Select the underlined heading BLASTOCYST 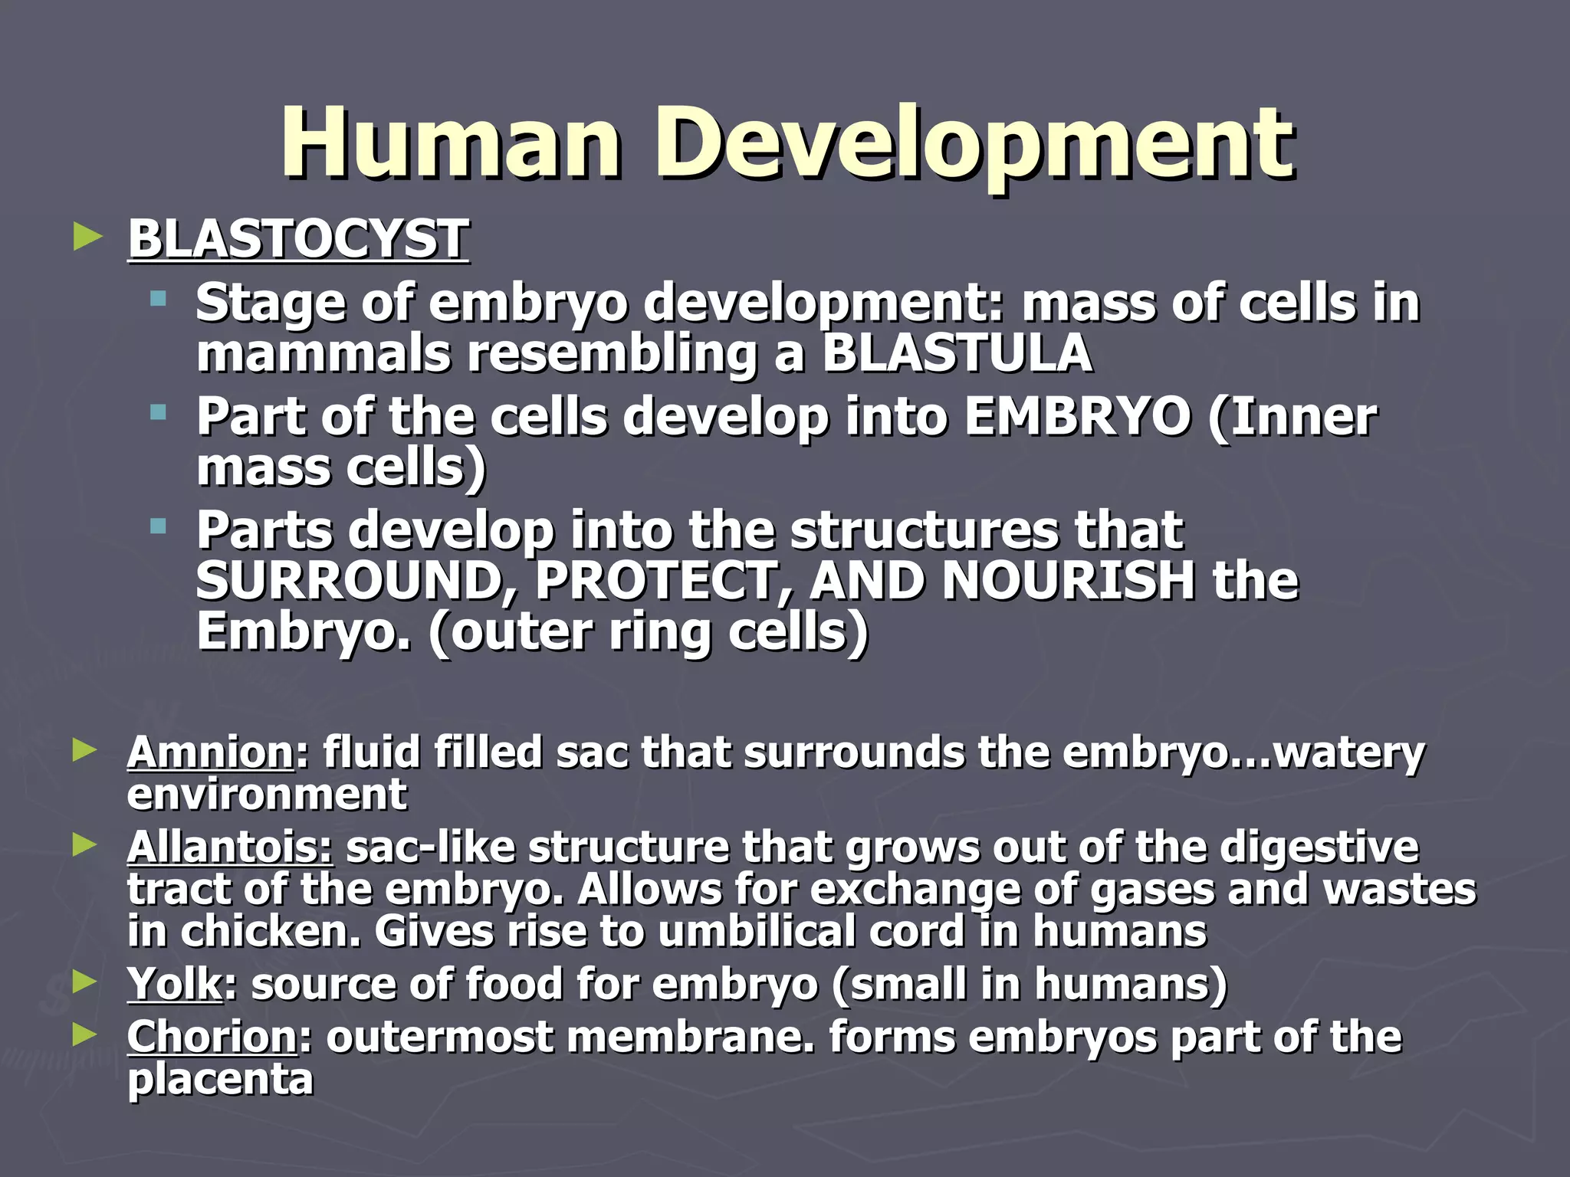point(298,239)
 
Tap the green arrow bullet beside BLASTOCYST point(87,237)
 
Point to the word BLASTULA point(957,353)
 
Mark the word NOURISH point(1068,580)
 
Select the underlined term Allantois point(230,848)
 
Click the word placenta point(221,1080)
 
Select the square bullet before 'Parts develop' point(159,526)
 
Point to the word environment point(267,795)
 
